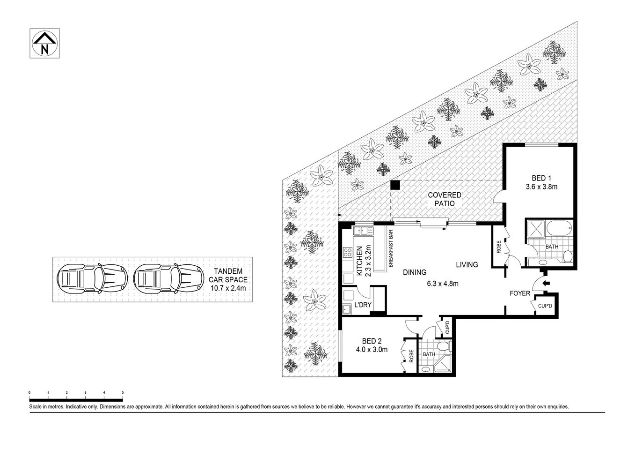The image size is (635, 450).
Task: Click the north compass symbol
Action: click(44, 44)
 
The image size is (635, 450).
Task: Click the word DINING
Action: click(414, 272)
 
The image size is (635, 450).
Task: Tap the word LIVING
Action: click(467, 265)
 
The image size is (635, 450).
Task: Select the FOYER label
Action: click(519, 293)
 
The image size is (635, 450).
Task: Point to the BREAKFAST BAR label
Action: click(390, 248)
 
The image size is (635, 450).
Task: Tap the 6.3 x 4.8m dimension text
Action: click(442, 283)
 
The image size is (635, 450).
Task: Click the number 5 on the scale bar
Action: click(123, 392)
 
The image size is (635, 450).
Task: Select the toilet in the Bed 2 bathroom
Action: click(448, 346)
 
